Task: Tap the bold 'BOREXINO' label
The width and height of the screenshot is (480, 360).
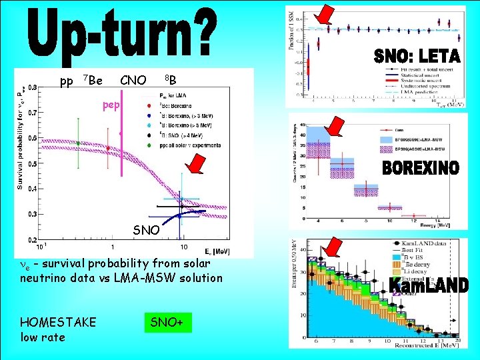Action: click(x=421, y=169)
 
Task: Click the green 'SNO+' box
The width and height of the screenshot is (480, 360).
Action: click(x=168, y=323)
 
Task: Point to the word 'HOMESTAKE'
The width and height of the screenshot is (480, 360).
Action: click(x=59, y=323)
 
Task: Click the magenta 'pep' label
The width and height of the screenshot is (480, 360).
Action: click(x=111, y=105)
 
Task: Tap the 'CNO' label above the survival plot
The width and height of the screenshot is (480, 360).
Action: click(x=133, y=81)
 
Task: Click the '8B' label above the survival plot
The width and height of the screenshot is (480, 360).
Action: click(x=171, y=81)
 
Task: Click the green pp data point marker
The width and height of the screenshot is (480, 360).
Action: click(x=79, y=143)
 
